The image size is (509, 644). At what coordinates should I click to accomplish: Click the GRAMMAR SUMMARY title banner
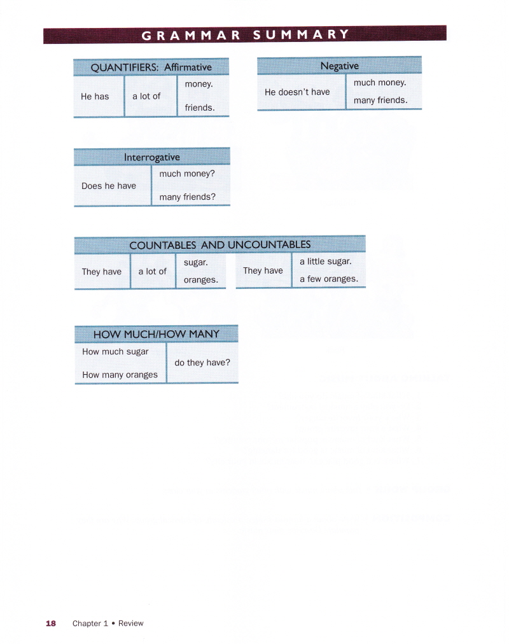pos(245,34)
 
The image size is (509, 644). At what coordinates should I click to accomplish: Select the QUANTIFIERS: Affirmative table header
pos(151,67)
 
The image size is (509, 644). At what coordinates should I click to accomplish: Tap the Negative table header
pos(339,66)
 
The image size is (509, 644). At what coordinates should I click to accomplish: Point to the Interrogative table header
pos(152,157)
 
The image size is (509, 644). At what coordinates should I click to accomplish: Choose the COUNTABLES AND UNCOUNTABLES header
pos(220,244)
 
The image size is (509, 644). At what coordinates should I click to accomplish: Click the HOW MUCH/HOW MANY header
pos(157,333)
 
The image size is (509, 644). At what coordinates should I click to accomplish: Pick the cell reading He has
pos(95,97)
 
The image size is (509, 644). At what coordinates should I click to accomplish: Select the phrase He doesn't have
pos(297,92)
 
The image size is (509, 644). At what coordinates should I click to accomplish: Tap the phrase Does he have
pos(109,186)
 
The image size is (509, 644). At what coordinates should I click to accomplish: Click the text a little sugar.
pos(325,262)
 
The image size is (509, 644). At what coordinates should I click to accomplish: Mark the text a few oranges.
pos(329,279)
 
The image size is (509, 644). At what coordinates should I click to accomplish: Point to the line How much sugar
pos(115,351)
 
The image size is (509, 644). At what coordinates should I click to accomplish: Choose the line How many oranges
pos(120,375)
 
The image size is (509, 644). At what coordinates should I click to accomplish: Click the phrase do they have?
pos(202,363)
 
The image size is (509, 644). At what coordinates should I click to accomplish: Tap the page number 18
pos(51,624)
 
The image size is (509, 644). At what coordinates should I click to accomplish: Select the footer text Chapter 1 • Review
pos(108,624)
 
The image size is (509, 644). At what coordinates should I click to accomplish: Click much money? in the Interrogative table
pos(188,174)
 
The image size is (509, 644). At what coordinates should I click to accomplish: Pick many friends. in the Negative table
pos(380,100)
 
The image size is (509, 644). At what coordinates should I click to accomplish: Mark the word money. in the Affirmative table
pos(199,84)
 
